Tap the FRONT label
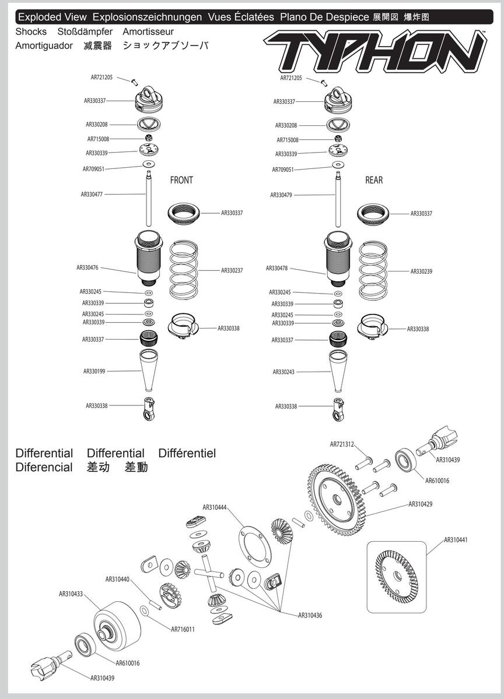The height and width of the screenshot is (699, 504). [181, 180]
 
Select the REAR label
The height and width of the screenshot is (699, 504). [374, 180]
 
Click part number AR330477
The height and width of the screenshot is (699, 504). [92, 195]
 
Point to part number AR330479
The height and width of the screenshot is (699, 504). [281, 195]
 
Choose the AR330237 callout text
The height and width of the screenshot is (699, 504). [232, 270]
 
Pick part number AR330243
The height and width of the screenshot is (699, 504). [283, 372]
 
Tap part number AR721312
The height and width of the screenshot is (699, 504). [342, 444]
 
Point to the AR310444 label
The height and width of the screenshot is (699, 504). [215, 507]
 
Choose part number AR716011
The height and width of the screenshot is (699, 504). [183, 629]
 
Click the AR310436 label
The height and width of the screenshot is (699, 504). [310, 615]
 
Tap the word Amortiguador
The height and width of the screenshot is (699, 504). [44, 45]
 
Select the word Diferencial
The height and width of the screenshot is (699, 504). [44, 467]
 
